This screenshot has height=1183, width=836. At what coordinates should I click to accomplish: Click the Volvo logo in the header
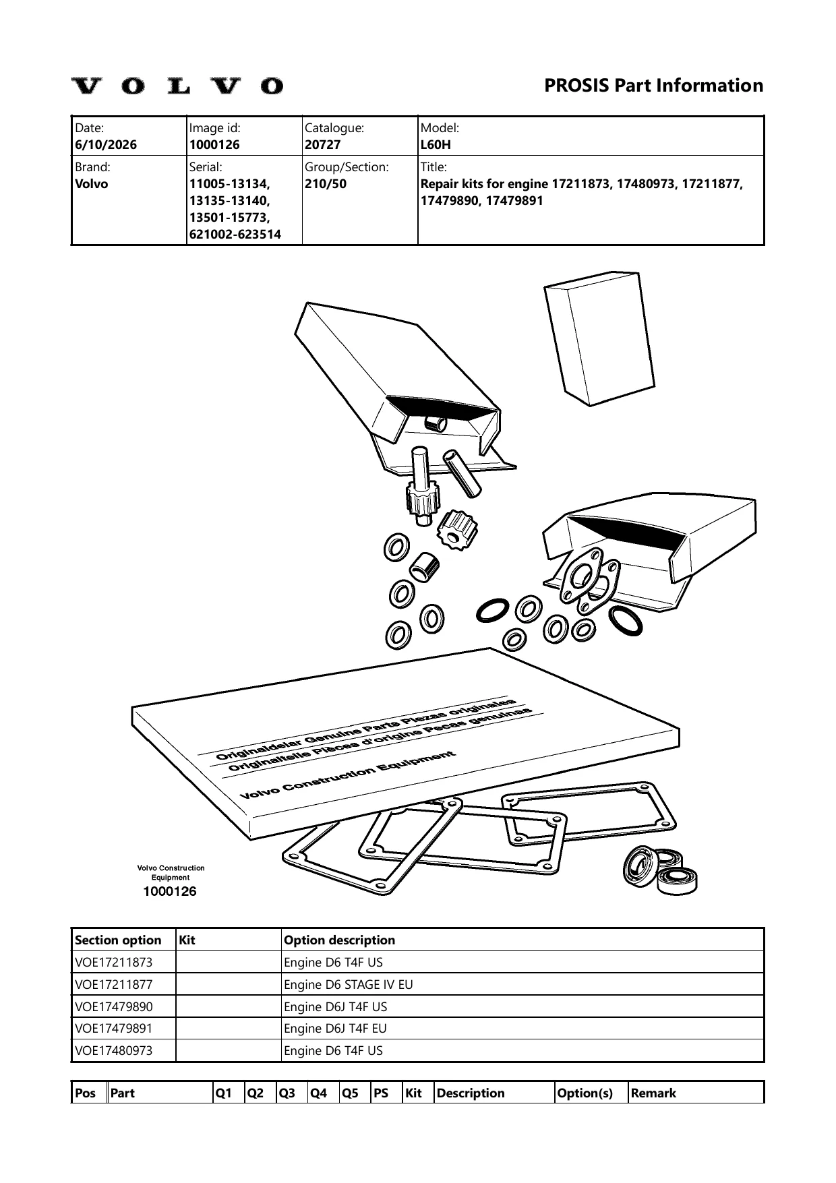click(178, 86)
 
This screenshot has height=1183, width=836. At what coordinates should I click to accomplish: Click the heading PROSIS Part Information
click(653, 86)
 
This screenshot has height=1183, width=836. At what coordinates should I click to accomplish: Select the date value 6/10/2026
click(106, 145)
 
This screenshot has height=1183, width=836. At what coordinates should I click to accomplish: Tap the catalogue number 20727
click(323, 145)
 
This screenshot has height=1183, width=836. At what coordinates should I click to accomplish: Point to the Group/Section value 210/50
click(326, 184)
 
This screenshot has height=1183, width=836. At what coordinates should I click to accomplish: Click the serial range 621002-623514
click(235, 235)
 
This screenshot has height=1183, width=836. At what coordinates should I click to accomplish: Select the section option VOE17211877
click(114, 984)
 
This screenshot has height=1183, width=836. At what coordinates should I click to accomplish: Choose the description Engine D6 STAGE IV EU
click(349, 984)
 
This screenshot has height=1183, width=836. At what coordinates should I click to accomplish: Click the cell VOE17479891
click(114, 1029)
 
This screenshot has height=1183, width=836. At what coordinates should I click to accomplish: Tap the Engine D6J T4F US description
click(336, 1006)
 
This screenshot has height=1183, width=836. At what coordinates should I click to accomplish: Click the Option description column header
click(340, 940)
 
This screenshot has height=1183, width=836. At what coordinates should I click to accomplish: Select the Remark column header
click(653, 1093)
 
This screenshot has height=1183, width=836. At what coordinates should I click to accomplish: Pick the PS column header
click(381, 1093)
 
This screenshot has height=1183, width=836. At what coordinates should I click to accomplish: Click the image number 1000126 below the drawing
click(170, 891)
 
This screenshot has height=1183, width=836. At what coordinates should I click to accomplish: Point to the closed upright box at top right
click(593, 338)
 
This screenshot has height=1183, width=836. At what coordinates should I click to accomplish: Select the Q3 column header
click(288, 1093)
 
